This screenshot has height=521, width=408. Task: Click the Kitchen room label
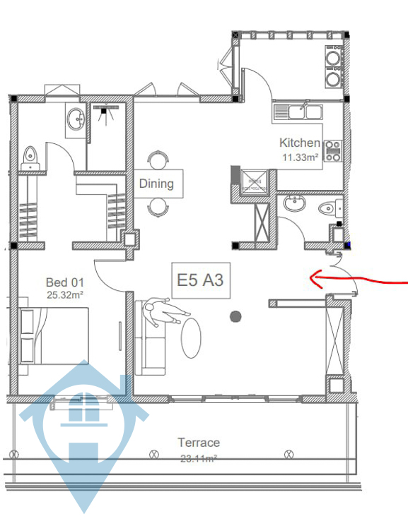(x=300, y=143)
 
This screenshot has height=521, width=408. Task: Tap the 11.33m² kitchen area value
(x=301, y=157)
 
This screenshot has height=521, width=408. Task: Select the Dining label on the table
(x=156, y=184)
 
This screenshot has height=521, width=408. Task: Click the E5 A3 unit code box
(x=201, y=280)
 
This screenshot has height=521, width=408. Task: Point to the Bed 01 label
(x=65, y=282)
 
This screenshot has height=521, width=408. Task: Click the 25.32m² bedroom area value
(x=65, y=294)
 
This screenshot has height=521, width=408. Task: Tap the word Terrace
(x=199, y=443)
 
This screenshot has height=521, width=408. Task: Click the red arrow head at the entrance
(x=315, y=278)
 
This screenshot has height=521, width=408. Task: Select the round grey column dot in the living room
(x=235, y=317)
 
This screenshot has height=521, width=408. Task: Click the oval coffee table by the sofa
(x=191, y=338)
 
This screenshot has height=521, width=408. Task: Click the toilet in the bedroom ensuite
(x=30, y=158)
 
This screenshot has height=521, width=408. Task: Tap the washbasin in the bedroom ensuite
(x=76, y=119)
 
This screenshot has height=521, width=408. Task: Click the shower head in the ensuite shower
(x=105, y=109)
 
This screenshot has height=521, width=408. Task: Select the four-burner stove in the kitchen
(x=333, y=150)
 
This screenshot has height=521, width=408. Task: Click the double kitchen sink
(x=298, y=112)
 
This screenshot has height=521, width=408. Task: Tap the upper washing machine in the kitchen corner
(x=334, y=56)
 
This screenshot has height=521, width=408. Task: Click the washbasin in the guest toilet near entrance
(x=295, y=203)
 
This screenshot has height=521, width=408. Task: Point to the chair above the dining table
(x=158, y=160)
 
